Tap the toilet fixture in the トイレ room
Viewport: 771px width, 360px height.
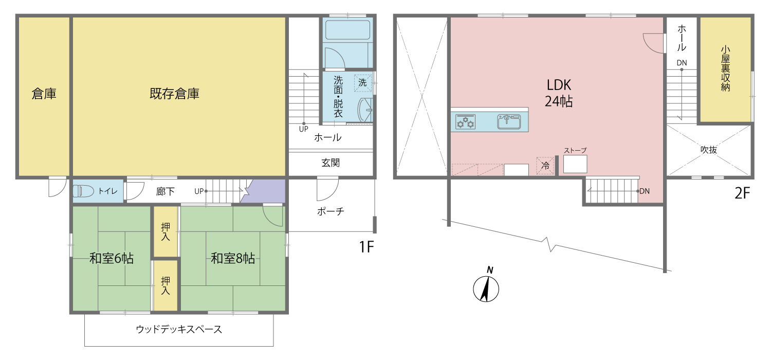coord(83,191)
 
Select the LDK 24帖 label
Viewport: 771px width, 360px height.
coord(559,93)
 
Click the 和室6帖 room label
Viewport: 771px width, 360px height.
coord(112,258)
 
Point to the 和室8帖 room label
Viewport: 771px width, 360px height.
coord(233,258)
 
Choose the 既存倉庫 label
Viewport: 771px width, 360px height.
coord(175,94)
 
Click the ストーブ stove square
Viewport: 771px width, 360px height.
coord(575,164)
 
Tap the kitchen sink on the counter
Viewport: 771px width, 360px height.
coord(509,121)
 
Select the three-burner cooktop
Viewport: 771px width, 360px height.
coord(465,122)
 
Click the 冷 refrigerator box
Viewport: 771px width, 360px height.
coord(545,166)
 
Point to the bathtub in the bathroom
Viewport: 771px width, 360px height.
coord(347,30)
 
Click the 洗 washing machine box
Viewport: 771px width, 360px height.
coord(363,83)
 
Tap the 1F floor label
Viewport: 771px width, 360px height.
coord(366,247)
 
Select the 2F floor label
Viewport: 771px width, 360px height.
coord(742,193)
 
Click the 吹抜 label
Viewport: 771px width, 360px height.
coord(709,150)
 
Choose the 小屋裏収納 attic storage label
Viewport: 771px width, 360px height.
coord(725,68)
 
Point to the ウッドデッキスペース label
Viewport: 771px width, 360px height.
coord(179,329)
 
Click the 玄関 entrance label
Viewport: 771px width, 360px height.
coord(331,163)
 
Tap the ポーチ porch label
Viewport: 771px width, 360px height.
coord(331,211)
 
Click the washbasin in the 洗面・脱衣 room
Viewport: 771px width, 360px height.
coord(365,110)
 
